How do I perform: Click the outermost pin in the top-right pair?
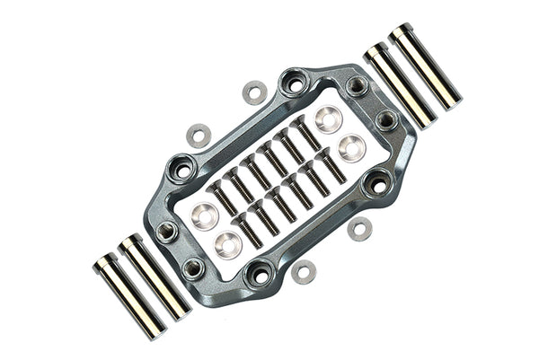[x=425, y=66]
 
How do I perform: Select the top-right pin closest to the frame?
[x=399, y=86]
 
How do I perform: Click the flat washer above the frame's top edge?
[x=255, y=92]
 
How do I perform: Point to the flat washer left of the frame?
[x=199, y=136]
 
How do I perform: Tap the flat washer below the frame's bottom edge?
[x=304, y=271]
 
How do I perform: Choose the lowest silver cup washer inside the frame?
[x=228, y=243]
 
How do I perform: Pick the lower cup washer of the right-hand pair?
[x=351, y=147]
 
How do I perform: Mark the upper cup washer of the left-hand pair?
[x=205, y=216]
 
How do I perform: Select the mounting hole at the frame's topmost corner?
[x=294, y=83]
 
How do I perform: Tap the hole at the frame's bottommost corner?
[x=260, y=275]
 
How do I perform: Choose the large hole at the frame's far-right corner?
[x=378, y=184]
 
